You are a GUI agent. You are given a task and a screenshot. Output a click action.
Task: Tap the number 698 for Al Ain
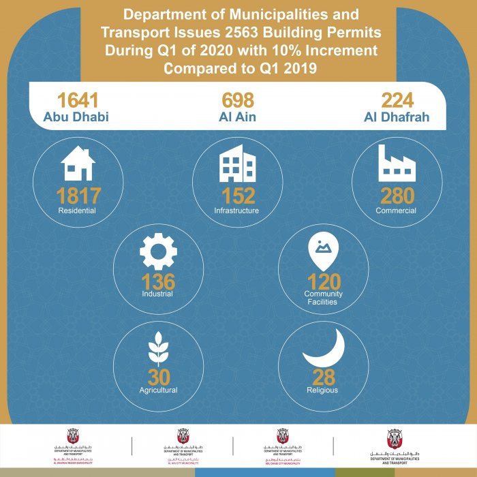(238, 99)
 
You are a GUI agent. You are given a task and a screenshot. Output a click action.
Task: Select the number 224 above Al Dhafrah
(397, 99)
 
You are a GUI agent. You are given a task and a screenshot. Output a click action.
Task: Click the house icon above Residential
(78, 164)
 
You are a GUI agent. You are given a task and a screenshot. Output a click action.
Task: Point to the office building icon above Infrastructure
(237, 164)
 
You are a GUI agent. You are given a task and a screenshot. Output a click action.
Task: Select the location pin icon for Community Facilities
(324, 253)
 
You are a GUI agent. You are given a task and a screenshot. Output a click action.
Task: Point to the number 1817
(78, 196)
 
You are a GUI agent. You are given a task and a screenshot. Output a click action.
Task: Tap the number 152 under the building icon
(237, 196)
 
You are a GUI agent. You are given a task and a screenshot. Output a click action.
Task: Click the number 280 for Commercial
(397, 196)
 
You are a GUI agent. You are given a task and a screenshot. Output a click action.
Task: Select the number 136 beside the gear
(158, 281)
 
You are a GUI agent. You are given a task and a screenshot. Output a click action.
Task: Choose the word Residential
(77, 211)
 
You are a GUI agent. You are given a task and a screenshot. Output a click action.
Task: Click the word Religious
(323, 390)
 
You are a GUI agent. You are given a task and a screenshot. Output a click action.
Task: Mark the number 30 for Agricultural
(158, 376)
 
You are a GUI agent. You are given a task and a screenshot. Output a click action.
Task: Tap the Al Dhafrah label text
(397, 117)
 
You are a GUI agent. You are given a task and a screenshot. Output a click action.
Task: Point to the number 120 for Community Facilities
(324, 281)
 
